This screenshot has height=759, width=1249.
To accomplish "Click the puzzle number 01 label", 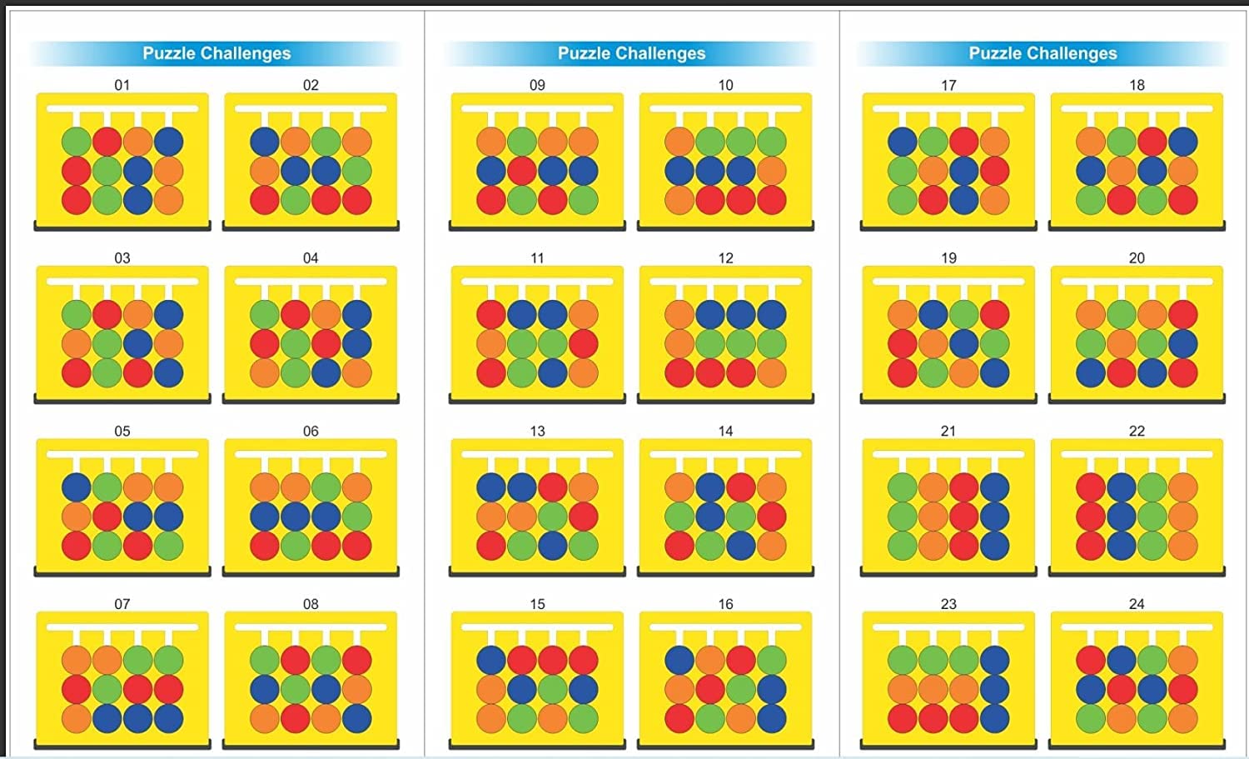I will click(122, 85).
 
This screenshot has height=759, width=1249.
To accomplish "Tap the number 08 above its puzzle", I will click(311, 604).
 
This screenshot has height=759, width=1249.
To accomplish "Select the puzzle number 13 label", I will click(537, 431).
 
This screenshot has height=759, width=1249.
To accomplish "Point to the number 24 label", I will click(1137, 604).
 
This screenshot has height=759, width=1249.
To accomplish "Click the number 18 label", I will click(1137, 85).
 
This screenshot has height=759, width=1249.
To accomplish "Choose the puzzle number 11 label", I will click(537, 258).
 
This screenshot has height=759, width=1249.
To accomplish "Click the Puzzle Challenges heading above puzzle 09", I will click(631, 53).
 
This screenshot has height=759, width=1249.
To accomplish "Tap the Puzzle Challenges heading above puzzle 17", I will click(1042, 53).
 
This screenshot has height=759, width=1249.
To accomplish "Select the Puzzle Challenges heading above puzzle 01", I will click(216, 53).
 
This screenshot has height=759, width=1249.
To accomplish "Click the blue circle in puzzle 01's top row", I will click(168, 142).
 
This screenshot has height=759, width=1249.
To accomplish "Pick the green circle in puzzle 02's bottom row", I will click(296, 200).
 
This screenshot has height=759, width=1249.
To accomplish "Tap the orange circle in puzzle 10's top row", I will click(679, 142).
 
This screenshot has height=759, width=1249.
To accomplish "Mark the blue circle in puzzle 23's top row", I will click(994, 661).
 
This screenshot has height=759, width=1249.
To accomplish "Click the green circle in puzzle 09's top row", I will click(522, 142).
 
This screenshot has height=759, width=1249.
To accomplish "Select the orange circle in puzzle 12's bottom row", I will click(772, 373).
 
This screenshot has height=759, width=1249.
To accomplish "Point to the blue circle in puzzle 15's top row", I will click(491, 661).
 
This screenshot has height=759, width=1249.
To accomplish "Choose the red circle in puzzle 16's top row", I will click(741, 661).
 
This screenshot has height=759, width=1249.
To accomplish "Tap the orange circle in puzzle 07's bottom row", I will click(77, 719).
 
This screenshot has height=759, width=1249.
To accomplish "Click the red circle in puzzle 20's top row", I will click(1182, 315).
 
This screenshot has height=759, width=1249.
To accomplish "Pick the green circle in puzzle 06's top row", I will click(326, 487).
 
